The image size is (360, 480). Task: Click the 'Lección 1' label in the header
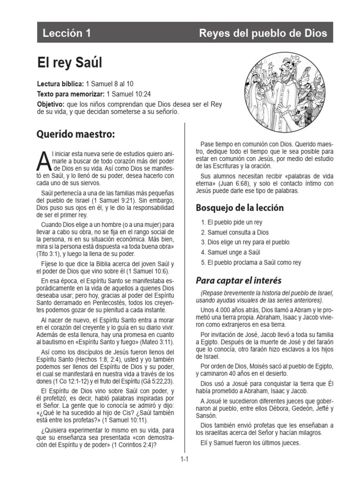(67, 33)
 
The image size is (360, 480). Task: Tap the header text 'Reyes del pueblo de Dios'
(263, 33)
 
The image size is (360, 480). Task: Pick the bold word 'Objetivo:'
(51, 104)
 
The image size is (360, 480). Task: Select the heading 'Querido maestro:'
(75, 135)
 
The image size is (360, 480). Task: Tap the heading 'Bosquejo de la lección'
(240, 208)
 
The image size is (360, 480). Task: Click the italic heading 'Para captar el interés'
(238, 281)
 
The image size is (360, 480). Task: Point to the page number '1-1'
(184, 460)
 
